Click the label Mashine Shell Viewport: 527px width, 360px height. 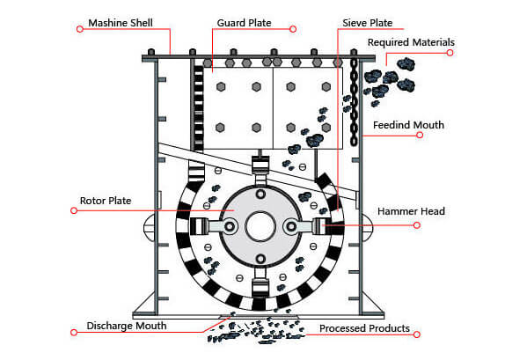click(121, 23)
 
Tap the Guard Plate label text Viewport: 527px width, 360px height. click(244, 23)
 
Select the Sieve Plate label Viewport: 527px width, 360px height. click(368, 23)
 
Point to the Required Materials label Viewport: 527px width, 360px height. click(411, 42)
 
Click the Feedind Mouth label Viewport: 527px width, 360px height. click(408, 125)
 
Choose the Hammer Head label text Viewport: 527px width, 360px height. click(411, 211)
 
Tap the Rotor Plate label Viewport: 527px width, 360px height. click(106, 201)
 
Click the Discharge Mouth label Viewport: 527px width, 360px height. click(127, 326)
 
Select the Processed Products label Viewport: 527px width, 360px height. click(364, 328)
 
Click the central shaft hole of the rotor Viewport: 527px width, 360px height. click(260, 226)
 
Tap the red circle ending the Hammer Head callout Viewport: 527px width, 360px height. click(417, 225)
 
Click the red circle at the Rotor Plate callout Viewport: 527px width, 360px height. click(74, 210)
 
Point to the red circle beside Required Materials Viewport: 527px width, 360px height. click(450, 53)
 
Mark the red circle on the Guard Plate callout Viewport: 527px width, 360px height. click(293, 29)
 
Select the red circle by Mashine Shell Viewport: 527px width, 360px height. click(80, 29)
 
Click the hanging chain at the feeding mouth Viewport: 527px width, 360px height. click(354, 102)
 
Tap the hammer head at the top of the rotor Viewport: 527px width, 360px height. click(260, 165)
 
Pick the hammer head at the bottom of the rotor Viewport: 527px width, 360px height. click(260, 288)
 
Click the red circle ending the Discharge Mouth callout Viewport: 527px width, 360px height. click(74, 333)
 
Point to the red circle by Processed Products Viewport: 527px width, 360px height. click(417, 334)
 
